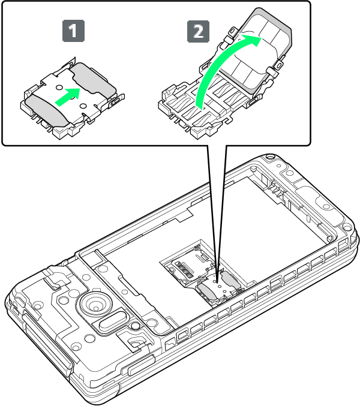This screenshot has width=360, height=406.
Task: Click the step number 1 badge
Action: point(73,31)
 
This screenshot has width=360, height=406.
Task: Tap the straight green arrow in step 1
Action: point(68,97)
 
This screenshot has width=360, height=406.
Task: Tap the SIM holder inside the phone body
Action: point(220,288)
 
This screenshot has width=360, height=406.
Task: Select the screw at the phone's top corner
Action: point(269,157)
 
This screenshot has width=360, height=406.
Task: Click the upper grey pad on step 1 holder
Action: point(93,79)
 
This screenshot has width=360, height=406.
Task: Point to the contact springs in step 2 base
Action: point(205,104)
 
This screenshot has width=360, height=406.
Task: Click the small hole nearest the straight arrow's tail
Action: point(59,88)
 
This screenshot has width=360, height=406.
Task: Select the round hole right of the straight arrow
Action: point(83,106)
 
